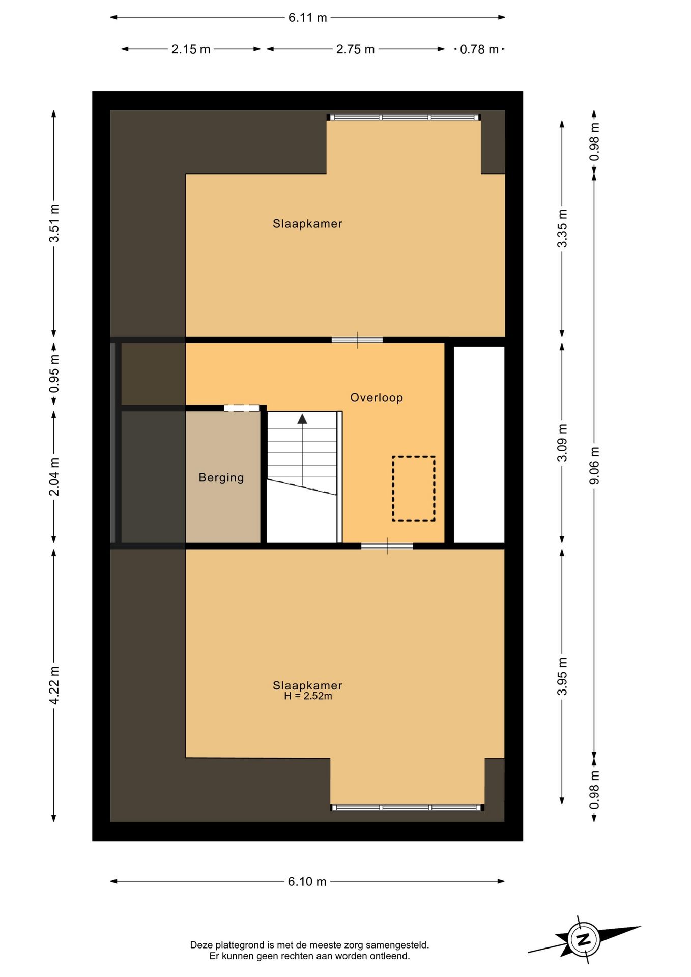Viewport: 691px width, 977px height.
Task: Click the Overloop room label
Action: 376,398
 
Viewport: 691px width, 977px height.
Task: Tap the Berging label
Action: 221,478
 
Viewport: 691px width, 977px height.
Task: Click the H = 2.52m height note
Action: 308,696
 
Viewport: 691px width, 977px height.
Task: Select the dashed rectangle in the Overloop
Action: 413,489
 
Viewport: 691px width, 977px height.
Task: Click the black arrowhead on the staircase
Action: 302,419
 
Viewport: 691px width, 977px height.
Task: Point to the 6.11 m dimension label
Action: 307,18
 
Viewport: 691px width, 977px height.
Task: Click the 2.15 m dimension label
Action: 191,49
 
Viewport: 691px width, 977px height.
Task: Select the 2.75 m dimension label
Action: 355,49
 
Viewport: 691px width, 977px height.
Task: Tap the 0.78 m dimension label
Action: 479,49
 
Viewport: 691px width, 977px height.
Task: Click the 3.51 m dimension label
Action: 54,223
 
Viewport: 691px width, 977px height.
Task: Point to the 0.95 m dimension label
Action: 54,374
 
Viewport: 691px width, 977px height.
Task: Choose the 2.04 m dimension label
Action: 54,477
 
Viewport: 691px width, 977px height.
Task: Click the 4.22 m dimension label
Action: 54,685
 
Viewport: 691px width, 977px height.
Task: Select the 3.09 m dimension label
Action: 562,443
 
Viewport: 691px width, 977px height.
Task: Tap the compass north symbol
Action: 584,939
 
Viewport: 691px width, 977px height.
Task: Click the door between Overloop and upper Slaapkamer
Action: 357,340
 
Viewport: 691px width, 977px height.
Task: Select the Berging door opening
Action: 241,408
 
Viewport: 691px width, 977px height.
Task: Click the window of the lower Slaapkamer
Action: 407,808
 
